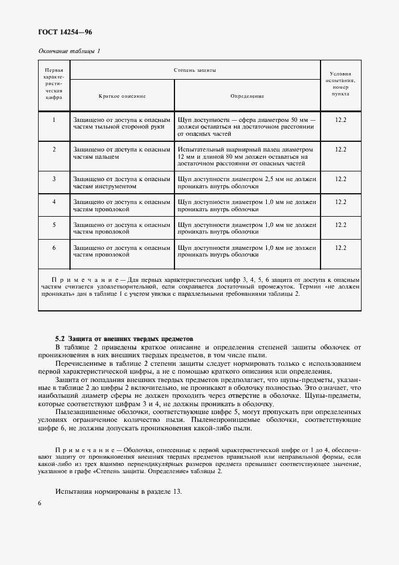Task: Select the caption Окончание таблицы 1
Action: (69, 51)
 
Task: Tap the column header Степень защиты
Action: (195, 70)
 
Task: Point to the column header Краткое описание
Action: (123, 97)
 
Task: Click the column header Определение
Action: (247, 97)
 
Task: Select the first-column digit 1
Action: (54, 120)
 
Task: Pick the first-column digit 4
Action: (54, 201)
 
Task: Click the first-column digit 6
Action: (54, 247)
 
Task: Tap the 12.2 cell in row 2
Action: (340, 149)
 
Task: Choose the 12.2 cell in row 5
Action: (340, 225)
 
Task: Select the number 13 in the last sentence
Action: (176, 491)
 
